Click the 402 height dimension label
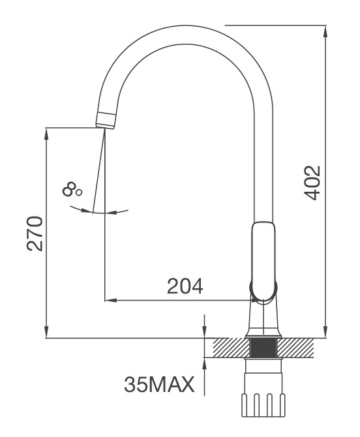[x=312, y=183]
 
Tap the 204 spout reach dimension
[x=185, y=286]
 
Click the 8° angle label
[x=72, y=190]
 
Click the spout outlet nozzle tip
[x=106, y=120]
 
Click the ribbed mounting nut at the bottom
[x=263, y=404]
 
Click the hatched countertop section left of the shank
[x=225, y=347]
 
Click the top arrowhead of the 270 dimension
[x=46, y=132]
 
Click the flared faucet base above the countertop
[x=263, y=323]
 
